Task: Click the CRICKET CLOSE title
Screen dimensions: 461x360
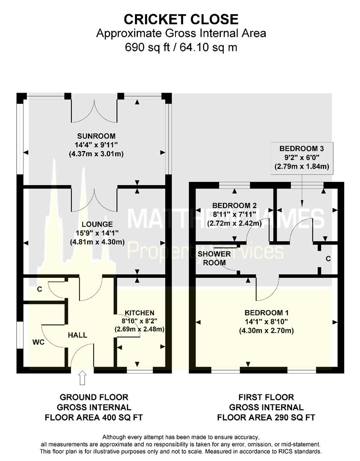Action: [x=181, y=19]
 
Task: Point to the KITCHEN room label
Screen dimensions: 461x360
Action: [x=140, y=313]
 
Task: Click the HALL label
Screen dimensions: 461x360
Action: [x=77, y=335]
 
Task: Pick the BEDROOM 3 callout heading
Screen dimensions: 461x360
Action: [x=301, y=149]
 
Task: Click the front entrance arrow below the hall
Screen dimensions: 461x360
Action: [x=82, y=377]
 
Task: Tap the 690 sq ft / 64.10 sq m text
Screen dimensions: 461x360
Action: [x=181, y=47]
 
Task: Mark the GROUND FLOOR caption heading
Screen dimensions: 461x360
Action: [x=94, y=397]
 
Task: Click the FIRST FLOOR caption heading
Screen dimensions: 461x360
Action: [x=266, y=397]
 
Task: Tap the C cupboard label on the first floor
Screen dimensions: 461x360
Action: [x=328, y=259]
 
